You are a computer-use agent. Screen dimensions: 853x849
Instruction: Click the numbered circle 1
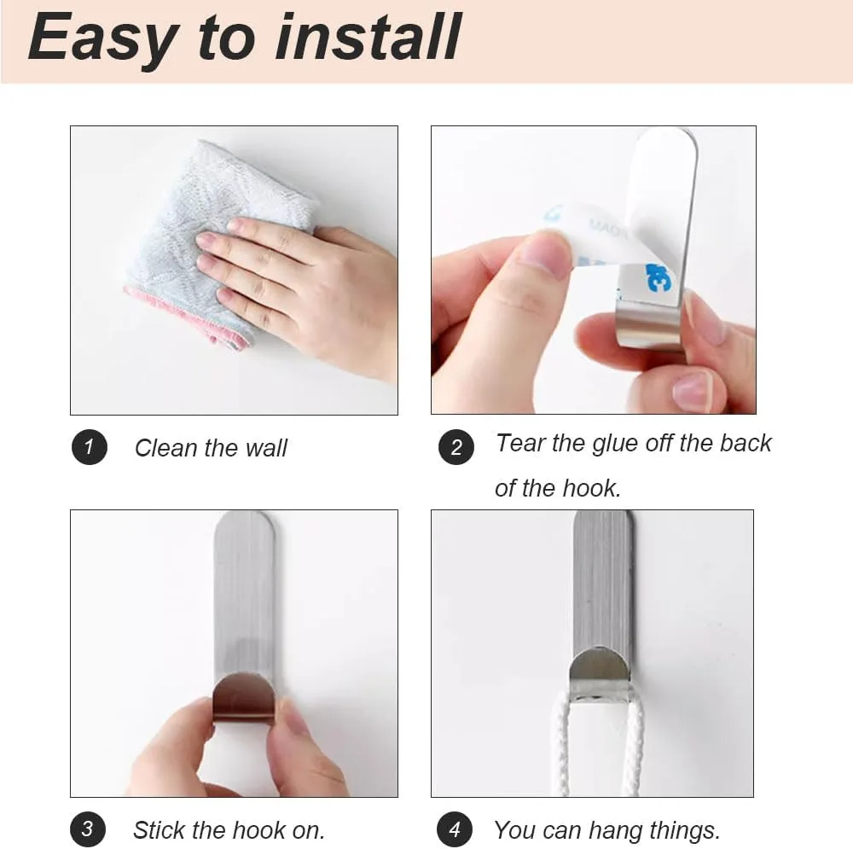click(x=90, y=447)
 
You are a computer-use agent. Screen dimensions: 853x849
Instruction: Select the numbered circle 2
click(x=456, y=447)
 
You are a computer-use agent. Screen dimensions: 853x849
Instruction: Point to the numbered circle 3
click(x=88, y=829)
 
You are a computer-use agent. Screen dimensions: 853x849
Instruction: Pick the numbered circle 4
click(x=455, y=829)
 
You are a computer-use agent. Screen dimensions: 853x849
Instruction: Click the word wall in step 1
click(x=265, y=449)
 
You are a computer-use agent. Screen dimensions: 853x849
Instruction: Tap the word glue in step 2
click(x=614, y=445)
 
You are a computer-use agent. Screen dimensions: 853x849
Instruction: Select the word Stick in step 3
click(x=160, y=830)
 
